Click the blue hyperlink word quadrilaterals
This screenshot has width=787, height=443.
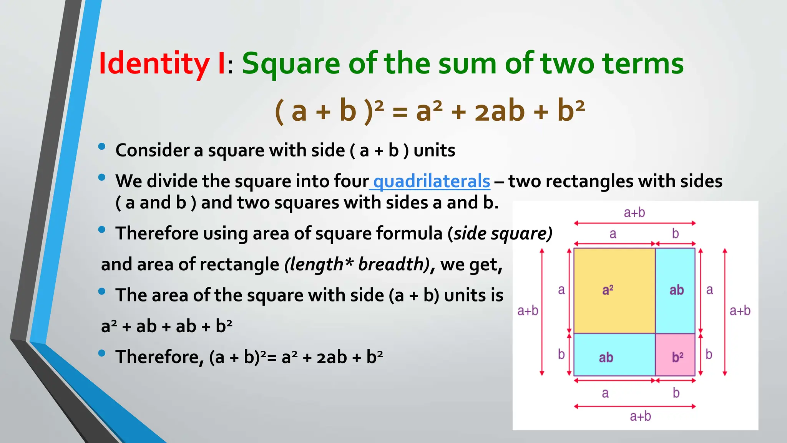pyautogui.click(x=432, y=181)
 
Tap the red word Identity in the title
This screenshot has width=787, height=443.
pyautogui.click(x=154, y=63)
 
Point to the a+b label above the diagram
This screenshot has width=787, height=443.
pyautogui.click(x=634, y=213)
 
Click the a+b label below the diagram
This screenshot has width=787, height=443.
pyautogui.click(x=640, y=416)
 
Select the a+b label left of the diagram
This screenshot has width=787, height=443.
pyautogui.click(x=528, y=311)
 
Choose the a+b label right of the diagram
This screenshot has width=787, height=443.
pyautogui.click(x=740, y=311)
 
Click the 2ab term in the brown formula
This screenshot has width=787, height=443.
pyautogui.click(x=500, y=111)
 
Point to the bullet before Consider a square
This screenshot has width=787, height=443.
pyautogui.click(x=102, y=147)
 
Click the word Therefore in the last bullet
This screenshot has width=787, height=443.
pyautogui.click(x=159, y=357)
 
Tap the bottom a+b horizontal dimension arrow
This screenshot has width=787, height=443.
pyautogui.click(x=634, y=406)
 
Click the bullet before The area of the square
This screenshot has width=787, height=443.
pyautogui.click(x=102, y=291)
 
